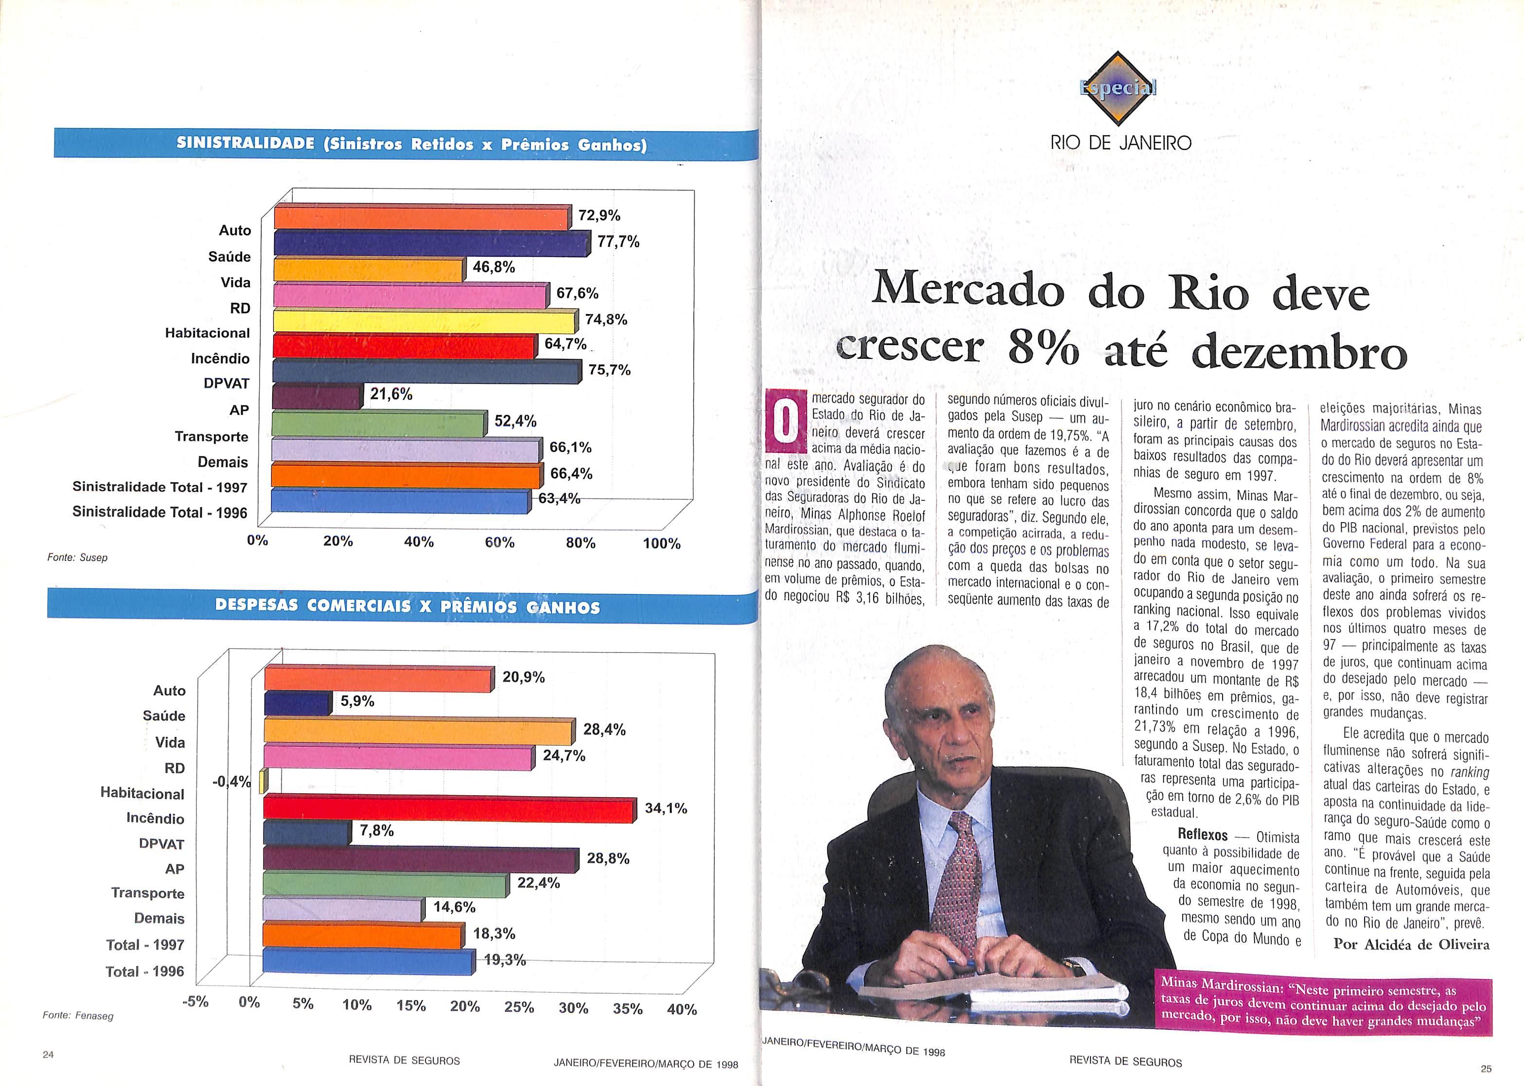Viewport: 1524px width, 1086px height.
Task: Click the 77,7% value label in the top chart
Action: (x=618, y=242)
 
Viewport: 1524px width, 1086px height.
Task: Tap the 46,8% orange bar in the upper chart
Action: (x=368, y=269)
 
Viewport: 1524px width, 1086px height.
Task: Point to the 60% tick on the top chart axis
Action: (x=500, y=543)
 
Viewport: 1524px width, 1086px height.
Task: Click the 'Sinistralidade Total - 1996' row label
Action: (x=160, y=513)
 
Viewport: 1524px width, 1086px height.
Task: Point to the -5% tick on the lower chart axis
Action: (x=195, y=1002)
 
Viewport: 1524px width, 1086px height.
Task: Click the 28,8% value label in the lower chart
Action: (x=608, y=858)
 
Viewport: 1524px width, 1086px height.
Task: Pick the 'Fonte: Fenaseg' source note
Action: (x=78, y=1015)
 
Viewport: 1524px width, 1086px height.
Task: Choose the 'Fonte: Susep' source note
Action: (x=77, y=558)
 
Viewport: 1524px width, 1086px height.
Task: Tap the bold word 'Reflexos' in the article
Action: (x=1202, y=835)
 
